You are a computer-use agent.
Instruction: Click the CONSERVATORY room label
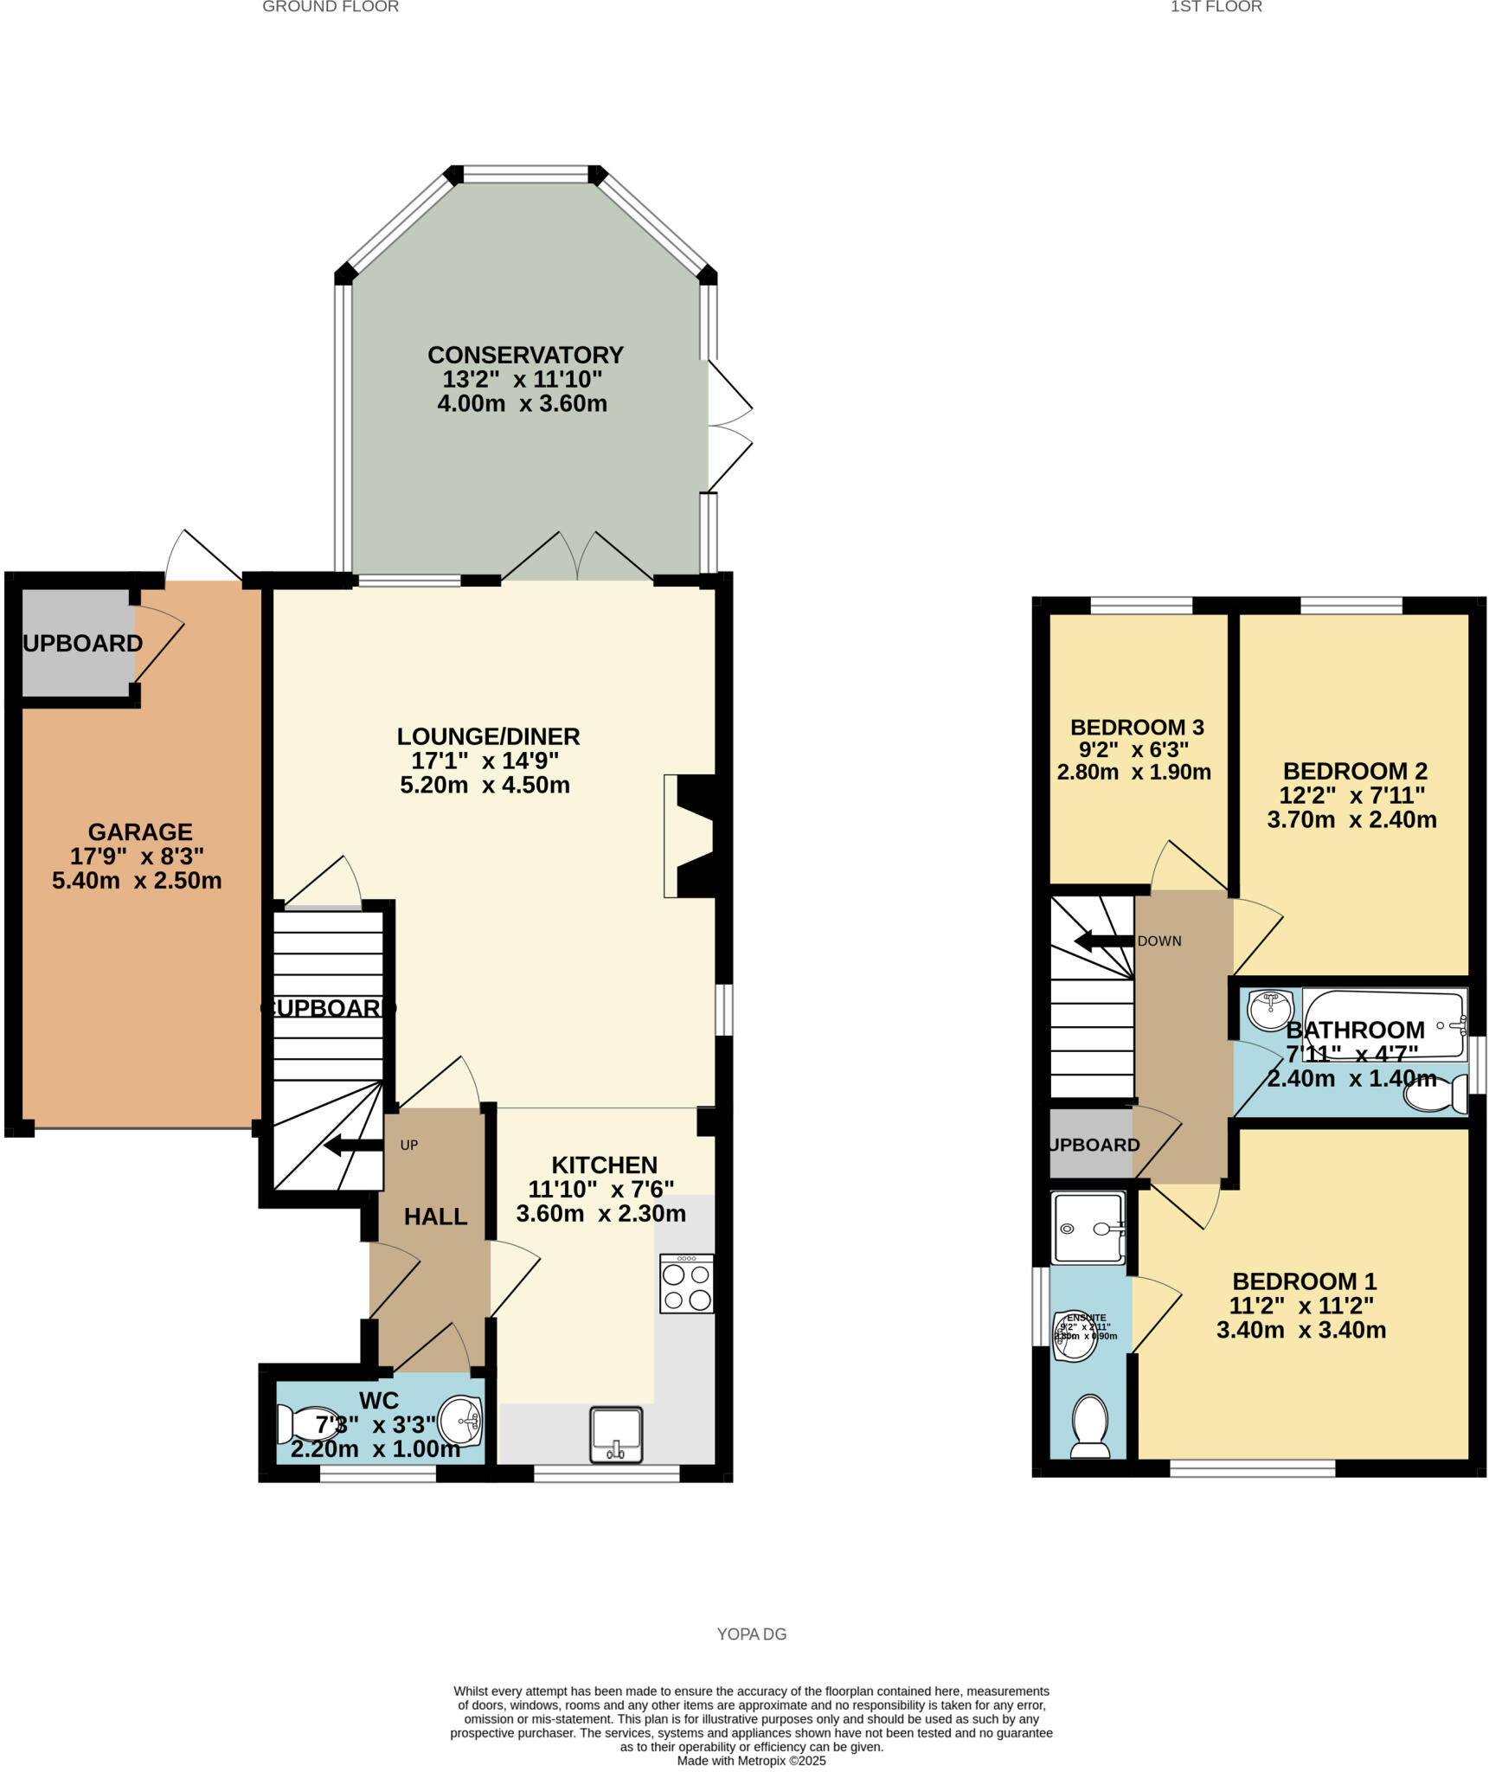click(525, 355)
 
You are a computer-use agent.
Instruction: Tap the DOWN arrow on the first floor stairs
click(1103, 941)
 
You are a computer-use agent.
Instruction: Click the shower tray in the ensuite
click(1088, 1227)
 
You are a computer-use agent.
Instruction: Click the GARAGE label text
click(140, 831)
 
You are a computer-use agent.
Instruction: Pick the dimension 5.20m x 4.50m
click(485, 786)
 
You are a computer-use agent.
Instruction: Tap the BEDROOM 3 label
click(1137, 727)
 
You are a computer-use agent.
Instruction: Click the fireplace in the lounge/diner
click(692, 835)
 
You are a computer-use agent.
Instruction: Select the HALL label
click(435, 1217)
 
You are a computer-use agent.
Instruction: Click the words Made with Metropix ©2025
click(751, 1761)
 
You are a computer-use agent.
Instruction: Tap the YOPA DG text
click(751, 1634)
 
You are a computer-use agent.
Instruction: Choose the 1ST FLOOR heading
click(1216, 7)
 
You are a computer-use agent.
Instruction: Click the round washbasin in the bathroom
click(1270, 1010)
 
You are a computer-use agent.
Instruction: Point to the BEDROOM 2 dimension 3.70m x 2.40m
click(1351, 819)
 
